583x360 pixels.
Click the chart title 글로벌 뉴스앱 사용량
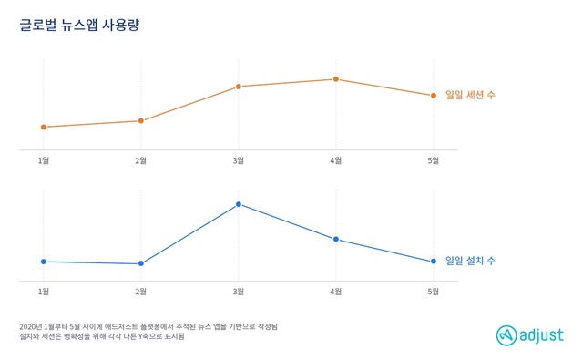coord(79,26)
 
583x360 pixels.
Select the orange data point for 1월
coord(44,127)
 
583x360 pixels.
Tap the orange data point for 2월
coord(140,120)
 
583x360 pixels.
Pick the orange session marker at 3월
coord(239,87)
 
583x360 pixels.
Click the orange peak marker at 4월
coord(335,79)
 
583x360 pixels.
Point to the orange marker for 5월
coord(433,95)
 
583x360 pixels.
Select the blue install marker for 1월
coord(44,262)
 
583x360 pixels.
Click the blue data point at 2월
coord(140,264)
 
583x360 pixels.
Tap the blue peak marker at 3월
coord(239,204)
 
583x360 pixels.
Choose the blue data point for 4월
coord(335,239)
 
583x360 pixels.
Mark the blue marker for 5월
coord(433,262)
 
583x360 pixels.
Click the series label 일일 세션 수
coord(470,95)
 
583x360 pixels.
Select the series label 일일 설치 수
coord(470,262)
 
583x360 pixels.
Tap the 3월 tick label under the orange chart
coord(239,160)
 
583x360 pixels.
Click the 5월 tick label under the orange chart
coord(433,160)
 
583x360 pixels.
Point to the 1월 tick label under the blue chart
coord(44,292)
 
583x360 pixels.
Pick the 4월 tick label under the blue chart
coord(335,292)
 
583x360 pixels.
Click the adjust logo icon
coord(506,334)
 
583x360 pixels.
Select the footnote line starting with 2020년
coord(148,326)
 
